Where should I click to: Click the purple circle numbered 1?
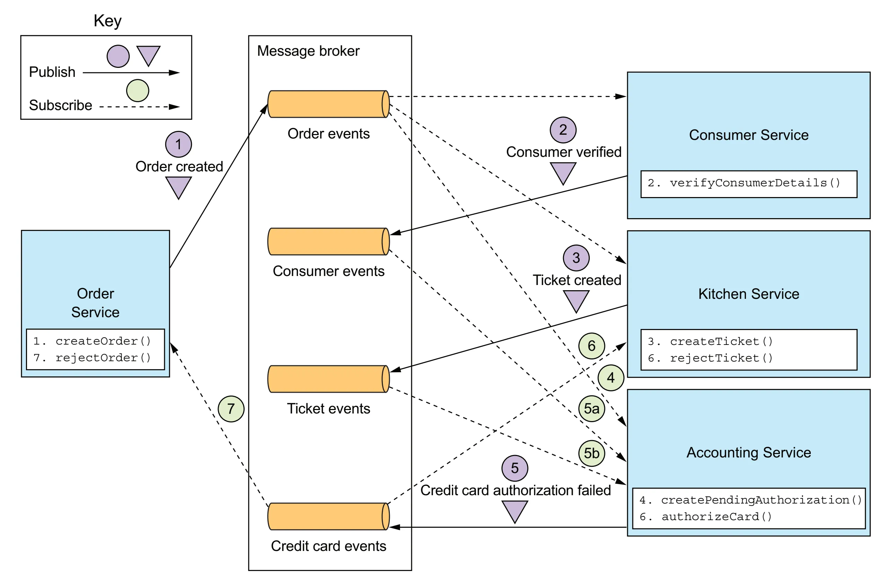tap(178, 144)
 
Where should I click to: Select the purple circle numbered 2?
tap(563, 130)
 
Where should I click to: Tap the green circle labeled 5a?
tap(591, 409)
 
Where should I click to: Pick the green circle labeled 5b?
tap(591, 453)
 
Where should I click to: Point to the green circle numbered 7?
tap(231, 409)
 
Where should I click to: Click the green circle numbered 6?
tap(591, 346)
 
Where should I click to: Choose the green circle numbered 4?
tap(610, 378)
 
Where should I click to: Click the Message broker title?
tap(308, 51)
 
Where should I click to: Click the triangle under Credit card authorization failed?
tap(515, 511)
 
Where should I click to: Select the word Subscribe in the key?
tap(61, 105)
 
